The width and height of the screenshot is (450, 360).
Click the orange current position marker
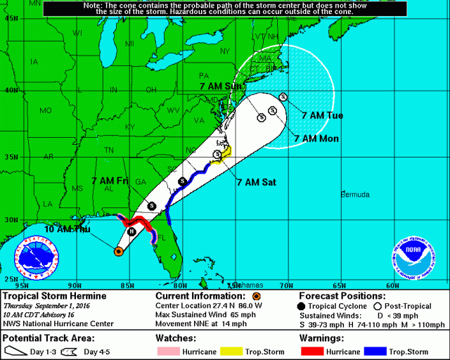(x=119, y=250)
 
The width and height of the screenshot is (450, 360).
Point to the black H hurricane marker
(x=131, y=231)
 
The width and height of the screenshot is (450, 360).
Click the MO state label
(x=46, y=111)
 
